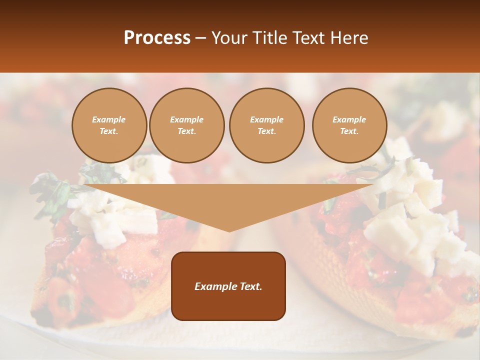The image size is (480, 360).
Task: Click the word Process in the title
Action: point(157,38)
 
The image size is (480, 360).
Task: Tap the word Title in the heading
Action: point(267,38)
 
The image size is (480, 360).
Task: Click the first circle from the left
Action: point(109,125)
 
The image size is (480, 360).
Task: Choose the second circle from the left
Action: point(186,125)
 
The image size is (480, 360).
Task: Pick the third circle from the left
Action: point(266,125)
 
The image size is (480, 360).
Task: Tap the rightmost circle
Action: point(349,125)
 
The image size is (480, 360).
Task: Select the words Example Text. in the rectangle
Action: point(228,286)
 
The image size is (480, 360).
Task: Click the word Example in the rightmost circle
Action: point(349,119)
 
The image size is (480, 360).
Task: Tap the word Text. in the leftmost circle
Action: point(109,131)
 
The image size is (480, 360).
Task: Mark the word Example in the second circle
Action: point(186,119)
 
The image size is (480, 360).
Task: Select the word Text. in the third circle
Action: point(266,131)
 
